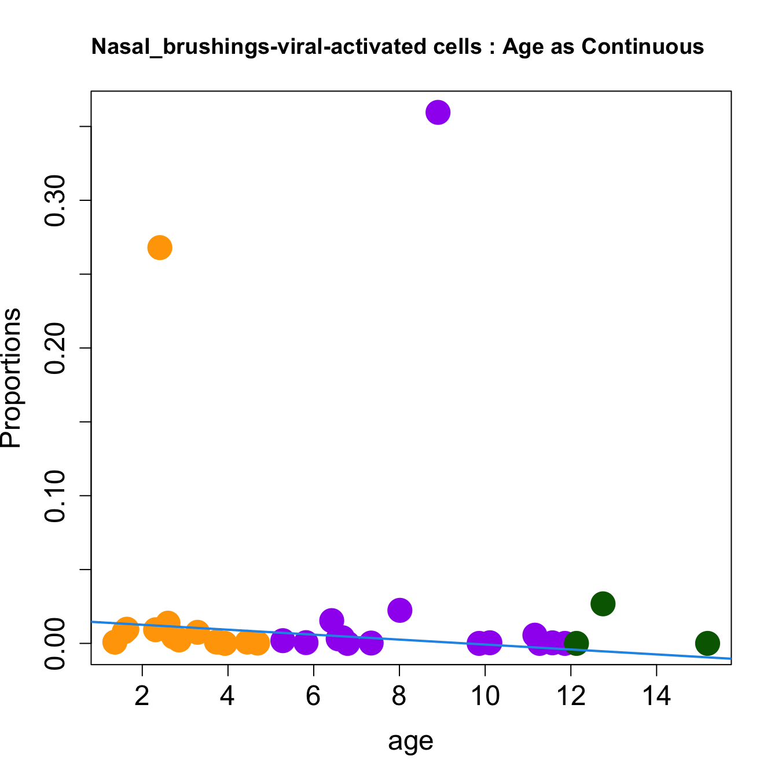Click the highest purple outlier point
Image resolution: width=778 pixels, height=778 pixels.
point(438,112)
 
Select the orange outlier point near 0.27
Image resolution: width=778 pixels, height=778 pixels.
point(160,248)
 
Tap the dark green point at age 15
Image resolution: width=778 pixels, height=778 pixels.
point(707,643)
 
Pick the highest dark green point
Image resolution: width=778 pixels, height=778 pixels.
point(603,604)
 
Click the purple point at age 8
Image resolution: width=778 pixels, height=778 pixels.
point(399,610)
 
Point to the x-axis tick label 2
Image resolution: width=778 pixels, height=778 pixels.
point(142,696)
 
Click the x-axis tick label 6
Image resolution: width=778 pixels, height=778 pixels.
point(313,696)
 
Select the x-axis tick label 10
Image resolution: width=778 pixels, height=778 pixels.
point(485,696)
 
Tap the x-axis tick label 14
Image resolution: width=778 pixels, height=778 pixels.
point(656,696)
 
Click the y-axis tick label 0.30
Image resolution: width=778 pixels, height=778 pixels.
point(56,201)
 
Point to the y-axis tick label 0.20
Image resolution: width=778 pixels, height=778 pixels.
point(56,348)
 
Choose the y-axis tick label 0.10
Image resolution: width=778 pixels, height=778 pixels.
point(56,496)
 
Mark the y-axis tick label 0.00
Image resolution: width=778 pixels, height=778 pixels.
point(56,644)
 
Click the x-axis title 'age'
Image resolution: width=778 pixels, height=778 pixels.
point(410,742)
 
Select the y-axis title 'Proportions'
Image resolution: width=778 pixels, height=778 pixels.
point(12,378)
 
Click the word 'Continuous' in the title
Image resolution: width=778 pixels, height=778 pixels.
point(643,46)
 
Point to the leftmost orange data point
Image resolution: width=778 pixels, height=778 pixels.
point(115,642)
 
